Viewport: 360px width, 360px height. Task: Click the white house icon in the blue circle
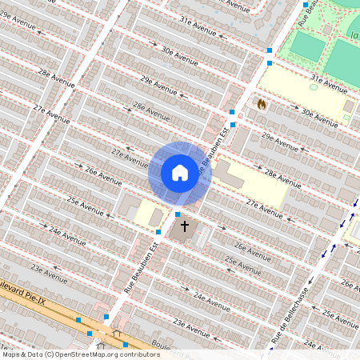click(x=180, y=173)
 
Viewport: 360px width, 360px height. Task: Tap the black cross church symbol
click(x=185, y=226)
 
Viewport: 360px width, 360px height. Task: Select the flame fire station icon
click(x=262, y=103)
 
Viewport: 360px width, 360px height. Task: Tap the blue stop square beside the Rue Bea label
click(x=305, y=4)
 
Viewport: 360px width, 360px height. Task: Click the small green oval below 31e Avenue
click(x=314, y=86)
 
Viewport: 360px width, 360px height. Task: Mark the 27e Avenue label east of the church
click(x=265, y=210)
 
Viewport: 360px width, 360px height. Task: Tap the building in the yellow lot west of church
click(x=155, y=218)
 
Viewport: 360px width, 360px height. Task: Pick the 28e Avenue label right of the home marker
click(x=282, y=178)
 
